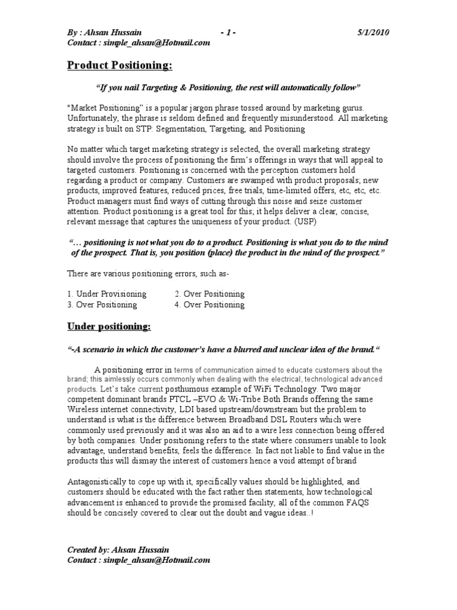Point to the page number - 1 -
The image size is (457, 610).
[x=227, y=32]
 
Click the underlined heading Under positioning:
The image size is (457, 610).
[x=109, y=327]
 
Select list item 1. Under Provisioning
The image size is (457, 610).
[x=107, y=294]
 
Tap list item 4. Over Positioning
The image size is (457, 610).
[x=209, y=304]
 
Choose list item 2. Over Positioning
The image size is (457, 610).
[x=209, y=294]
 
